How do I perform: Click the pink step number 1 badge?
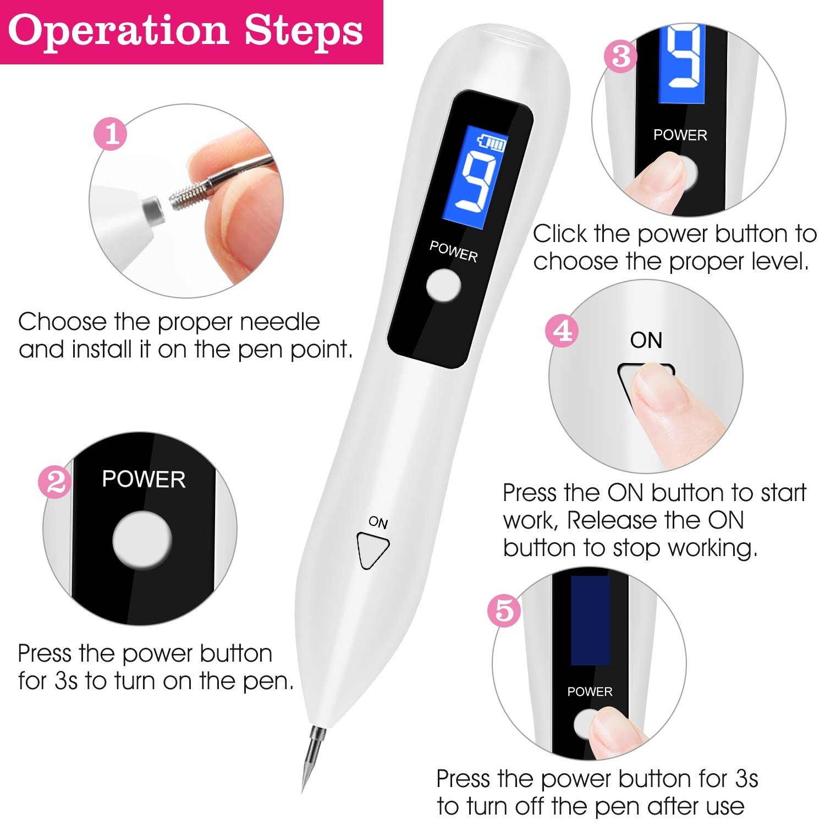pyautogui.click(x=111, y=134)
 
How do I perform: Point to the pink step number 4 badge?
pyautogui.click(x=562, y=331)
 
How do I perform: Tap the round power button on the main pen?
pyautogui.click(x=443, y=285)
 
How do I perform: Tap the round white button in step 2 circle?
pyautogui.click(x=142, y=540)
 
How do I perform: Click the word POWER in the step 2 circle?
pyautogui.click(x=144, y=480)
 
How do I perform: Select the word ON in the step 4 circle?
pyautogui.click(x=646, y=340)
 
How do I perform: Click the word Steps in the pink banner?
pyautogui.click(x=304, y=31)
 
